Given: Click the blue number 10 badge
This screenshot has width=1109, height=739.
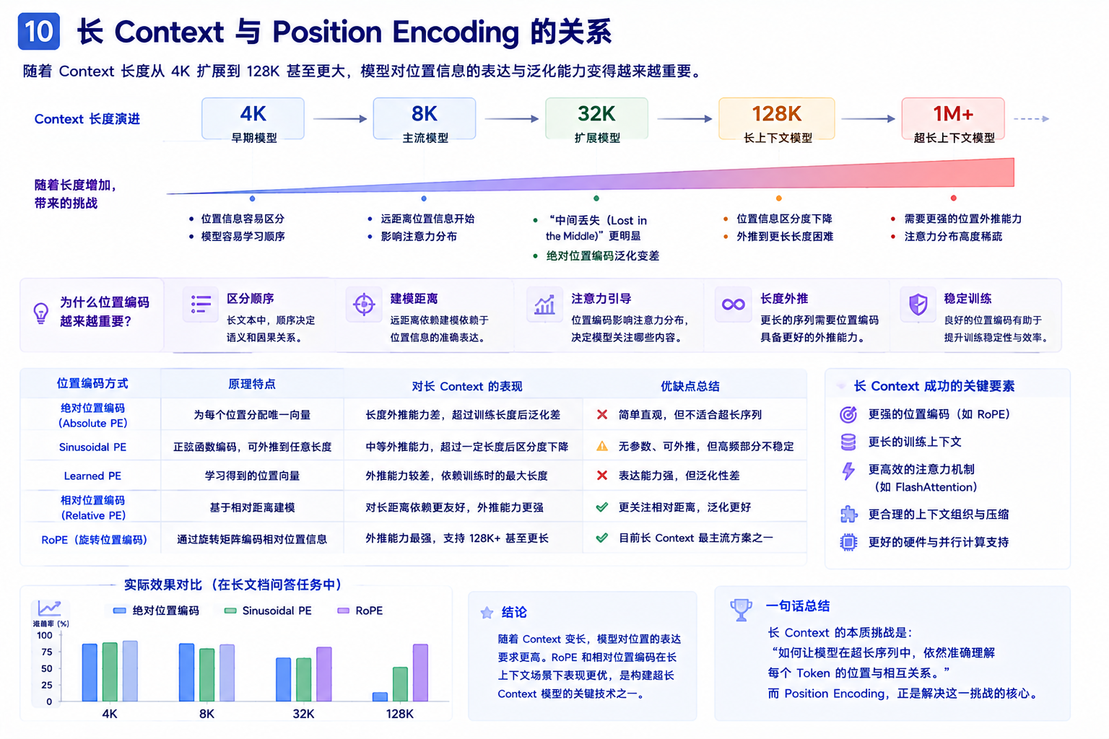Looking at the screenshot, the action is (x=38, y=31).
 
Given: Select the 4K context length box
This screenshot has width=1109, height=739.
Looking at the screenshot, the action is (x=253, y=119).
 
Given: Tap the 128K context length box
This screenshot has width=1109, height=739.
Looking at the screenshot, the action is (x=776, y=119).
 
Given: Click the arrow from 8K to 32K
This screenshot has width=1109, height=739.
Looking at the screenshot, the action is (x=511, y=119).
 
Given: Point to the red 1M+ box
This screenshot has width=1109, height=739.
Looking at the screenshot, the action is (x=953, y=119).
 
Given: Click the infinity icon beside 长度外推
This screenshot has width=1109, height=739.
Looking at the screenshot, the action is (x=734, y=304).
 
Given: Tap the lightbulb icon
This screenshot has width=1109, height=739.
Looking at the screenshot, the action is (x=41, y=313).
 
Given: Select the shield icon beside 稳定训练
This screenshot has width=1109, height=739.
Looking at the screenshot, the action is (x=918, y=304).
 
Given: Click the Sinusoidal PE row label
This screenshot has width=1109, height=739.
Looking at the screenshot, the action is (x=92, y=447).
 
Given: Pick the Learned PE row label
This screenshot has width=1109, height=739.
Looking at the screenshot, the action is (x=92, y=476).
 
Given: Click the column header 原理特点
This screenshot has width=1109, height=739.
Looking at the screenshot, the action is (x=251, y=384).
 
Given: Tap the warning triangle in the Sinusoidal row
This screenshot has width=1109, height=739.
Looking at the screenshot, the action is (x=602, y=446).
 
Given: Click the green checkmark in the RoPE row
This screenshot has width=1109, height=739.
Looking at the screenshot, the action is (x=602, y=538).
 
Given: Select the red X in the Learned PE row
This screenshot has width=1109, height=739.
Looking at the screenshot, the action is (x=602, y=475).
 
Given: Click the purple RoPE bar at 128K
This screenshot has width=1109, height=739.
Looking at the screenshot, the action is (x=420, y=673).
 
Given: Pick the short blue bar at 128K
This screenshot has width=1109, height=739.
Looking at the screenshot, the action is (x=380, y=697).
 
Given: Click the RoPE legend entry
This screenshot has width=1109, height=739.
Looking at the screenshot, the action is (x=360, y=611).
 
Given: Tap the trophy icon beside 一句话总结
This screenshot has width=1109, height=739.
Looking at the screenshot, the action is (x=741, y=610).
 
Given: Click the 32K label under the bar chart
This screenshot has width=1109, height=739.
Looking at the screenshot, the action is (x=303, y=714).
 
